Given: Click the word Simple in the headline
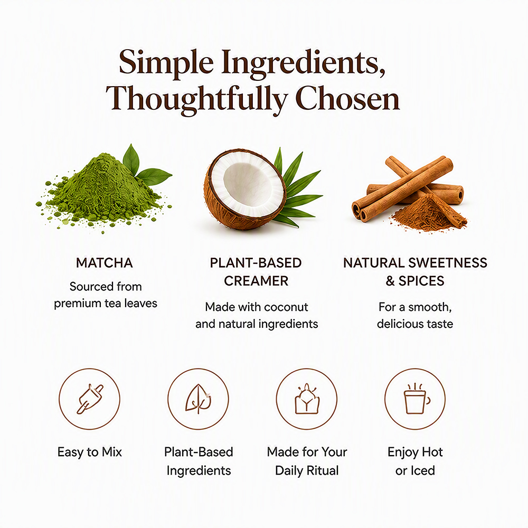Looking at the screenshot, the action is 166,63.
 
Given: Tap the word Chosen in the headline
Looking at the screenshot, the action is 347,98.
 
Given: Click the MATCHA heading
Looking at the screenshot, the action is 105,263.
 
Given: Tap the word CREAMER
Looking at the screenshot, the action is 256,281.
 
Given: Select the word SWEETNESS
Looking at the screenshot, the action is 448,263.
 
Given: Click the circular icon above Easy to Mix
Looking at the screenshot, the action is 90,399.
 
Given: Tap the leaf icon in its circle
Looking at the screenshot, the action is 199,399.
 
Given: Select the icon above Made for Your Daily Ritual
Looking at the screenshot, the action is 307,399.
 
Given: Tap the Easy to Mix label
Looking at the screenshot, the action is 90,452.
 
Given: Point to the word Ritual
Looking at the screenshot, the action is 322,470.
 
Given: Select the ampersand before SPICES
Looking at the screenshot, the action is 390,281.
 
